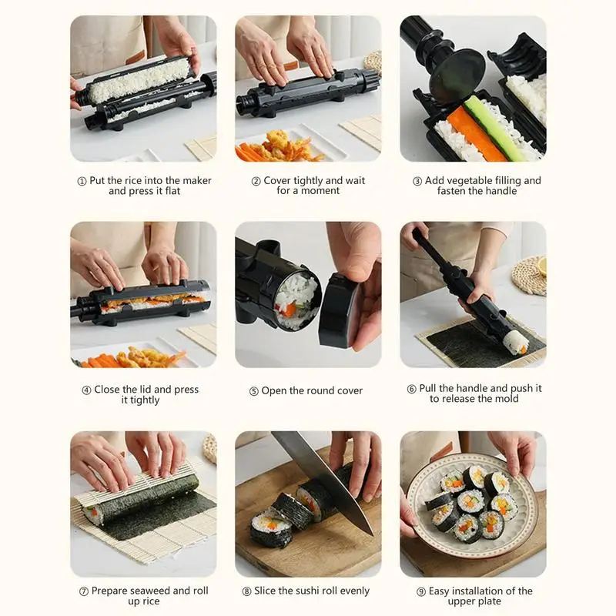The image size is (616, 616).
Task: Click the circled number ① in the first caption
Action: (82, 181)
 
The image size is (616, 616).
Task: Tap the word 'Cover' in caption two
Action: (280, 181)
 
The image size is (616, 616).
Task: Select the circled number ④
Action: (86, 390)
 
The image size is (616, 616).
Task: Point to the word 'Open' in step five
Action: (276, 391)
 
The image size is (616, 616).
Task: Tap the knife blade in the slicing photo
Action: (323, 477)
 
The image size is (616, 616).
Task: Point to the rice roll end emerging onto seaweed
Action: (514, 341)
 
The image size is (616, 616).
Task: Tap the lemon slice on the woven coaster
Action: (541, 265)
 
